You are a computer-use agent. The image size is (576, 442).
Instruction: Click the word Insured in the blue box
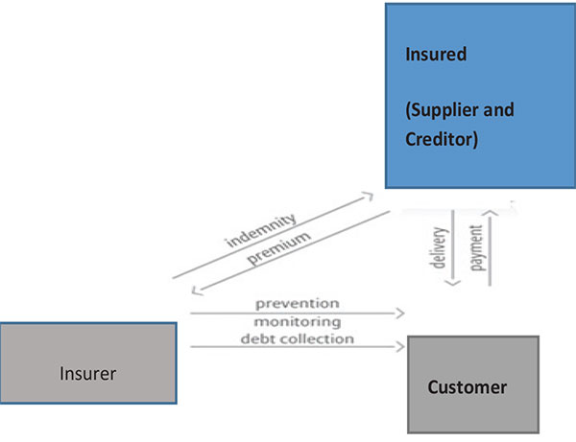[436, 55]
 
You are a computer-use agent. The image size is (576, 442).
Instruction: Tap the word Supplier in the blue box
[444, 110]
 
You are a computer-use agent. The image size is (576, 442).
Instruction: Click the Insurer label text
[87, 374]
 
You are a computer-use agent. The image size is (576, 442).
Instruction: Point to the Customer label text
[468, 387]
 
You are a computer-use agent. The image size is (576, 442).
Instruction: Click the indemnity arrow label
[261, 230]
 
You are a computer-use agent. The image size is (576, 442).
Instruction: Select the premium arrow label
[278, 248]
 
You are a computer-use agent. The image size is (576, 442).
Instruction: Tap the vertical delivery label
[440, 247]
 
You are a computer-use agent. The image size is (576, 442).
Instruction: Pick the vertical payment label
[476, 247]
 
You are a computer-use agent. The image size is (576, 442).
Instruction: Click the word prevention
[298, 304]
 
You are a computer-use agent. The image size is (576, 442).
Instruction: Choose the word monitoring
[298, 322]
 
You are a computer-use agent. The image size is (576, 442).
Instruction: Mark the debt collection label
[298, 338]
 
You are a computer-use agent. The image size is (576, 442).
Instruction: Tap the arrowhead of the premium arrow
[196, 291]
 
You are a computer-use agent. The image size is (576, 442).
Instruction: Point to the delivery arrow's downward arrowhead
[452, 283]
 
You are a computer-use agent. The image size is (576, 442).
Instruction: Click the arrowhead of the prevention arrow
[400, 314]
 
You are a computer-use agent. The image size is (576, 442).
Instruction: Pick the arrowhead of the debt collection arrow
[400, 346]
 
